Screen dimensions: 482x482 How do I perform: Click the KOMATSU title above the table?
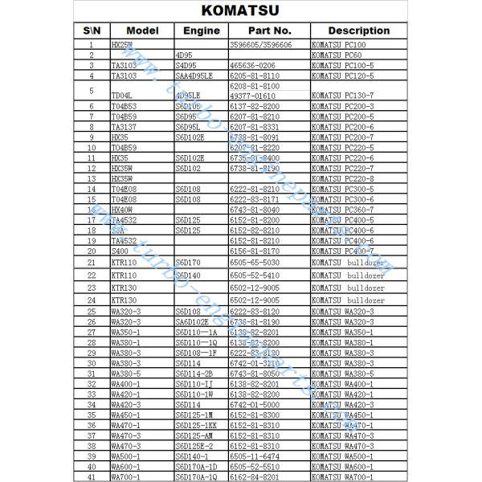[240, 12]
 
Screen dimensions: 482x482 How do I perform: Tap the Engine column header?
[201, 31]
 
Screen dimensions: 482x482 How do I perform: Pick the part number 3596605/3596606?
[260, 45]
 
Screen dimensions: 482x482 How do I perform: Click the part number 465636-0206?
[253, 65]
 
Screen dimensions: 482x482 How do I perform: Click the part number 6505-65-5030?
[255, 263]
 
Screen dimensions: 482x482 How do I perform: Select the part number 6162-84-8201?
[255, 476]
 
